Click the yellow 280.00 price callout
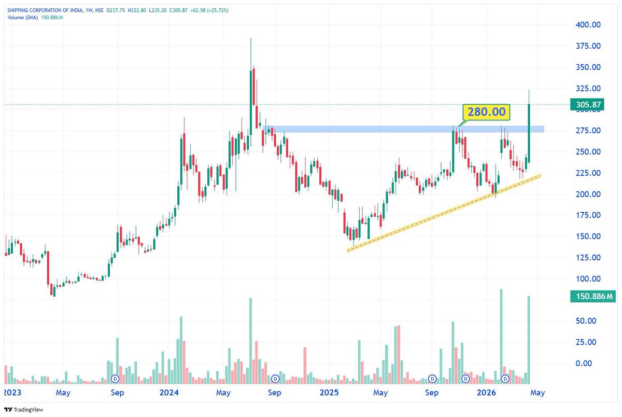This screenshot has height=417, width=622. (486, 112)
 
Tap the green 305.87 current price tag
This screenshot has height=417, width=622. (588, 105)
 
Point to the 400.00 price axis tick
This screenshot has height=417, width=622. (588, 24)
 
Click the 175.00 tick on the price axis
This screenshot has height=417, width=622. (588, 215)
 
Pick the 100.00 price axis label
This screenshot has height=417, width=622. (588, 279)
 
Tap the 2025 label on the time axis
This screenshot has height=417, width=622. (330, 393)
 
